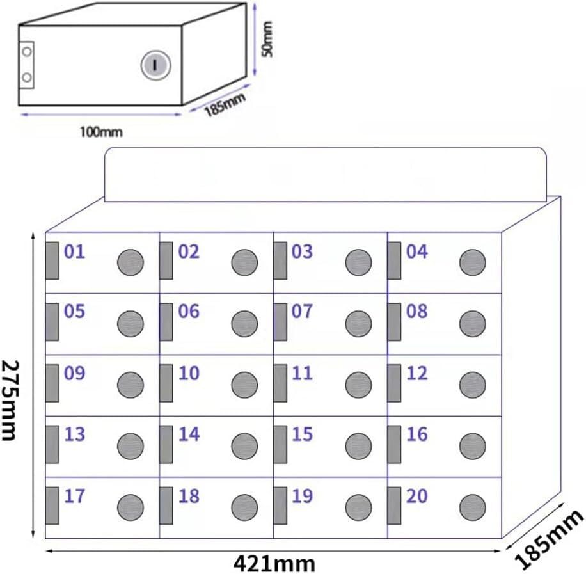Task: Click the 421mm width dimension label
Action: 274,563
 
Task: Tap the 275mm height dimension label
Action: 10,400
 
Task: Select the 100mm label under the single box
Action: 101,132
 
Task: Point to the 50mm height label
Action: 267,39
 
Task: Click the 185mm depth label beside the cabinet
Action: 549,539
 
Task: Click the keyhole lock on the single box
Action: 156,65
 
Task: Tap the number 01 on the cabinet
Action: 74,251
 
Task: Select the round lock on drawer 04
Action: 472,262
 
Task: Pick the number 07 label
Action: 302,312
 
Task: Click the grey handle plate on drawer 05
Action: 52,322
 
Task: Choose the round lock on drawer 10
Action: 244,385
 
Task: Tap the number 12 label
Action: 416,373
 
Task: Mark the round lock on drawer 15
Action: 358,446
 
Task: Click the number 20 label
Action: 416,496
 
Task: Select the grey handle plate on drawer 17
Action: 52,506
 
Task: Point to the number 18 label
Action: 189,496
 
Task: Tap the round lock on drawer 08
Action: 472,324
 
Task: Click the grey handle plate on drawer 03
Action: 280,260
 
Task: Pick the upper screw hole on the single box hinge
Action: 26,51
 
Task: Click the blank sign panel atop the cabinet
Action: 326,175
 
